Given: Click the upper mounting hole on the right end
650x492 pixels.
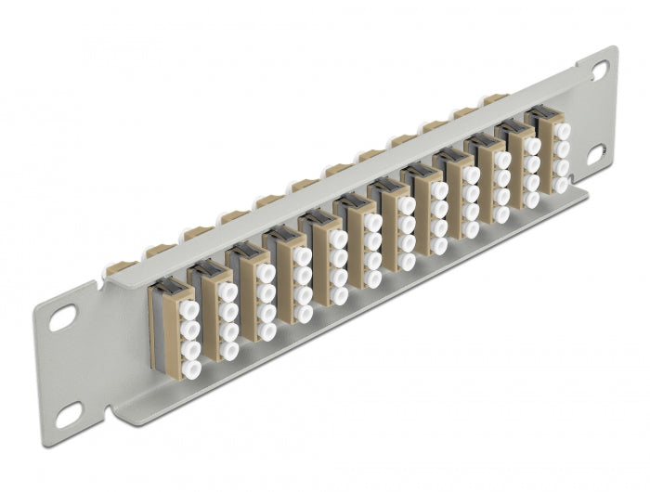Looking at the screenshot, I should (600, 69).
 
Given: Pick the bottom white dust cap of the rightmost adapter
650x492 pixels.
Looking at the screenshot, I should (561, 185).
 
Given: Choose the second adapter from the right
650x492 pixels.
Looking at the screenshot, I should (521, 167).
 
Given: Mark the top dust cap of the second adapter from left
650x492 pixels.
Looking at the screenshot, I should (226, 291).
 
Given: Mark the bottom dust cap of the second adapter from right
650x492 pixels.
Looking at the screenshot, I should (531, 199).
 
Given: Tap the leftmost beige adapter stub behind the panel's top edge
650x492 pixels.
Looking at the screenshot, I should (118, 268).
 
